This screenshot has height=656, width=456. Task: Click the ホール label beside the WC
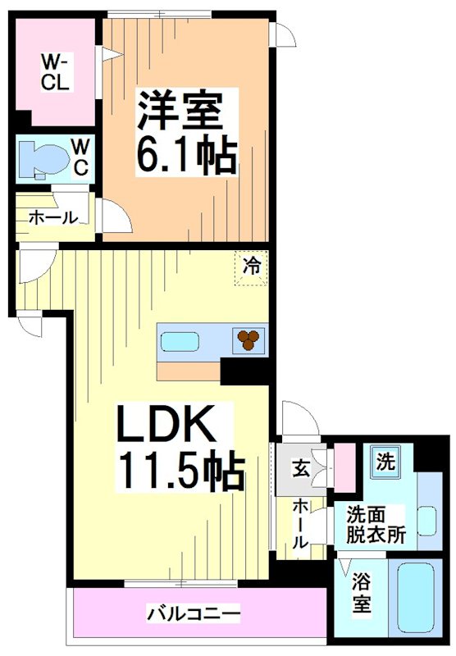pos(53,217)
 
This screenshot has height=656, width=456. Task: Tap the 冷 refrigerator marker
pos(253,266)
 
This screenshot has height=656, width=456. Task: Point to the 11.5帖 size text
pos(183,471)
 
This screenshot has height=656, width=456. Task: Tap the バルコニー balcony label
pos(194,613)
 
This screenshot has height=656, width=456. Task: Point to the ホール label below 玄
pos(301,523)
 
